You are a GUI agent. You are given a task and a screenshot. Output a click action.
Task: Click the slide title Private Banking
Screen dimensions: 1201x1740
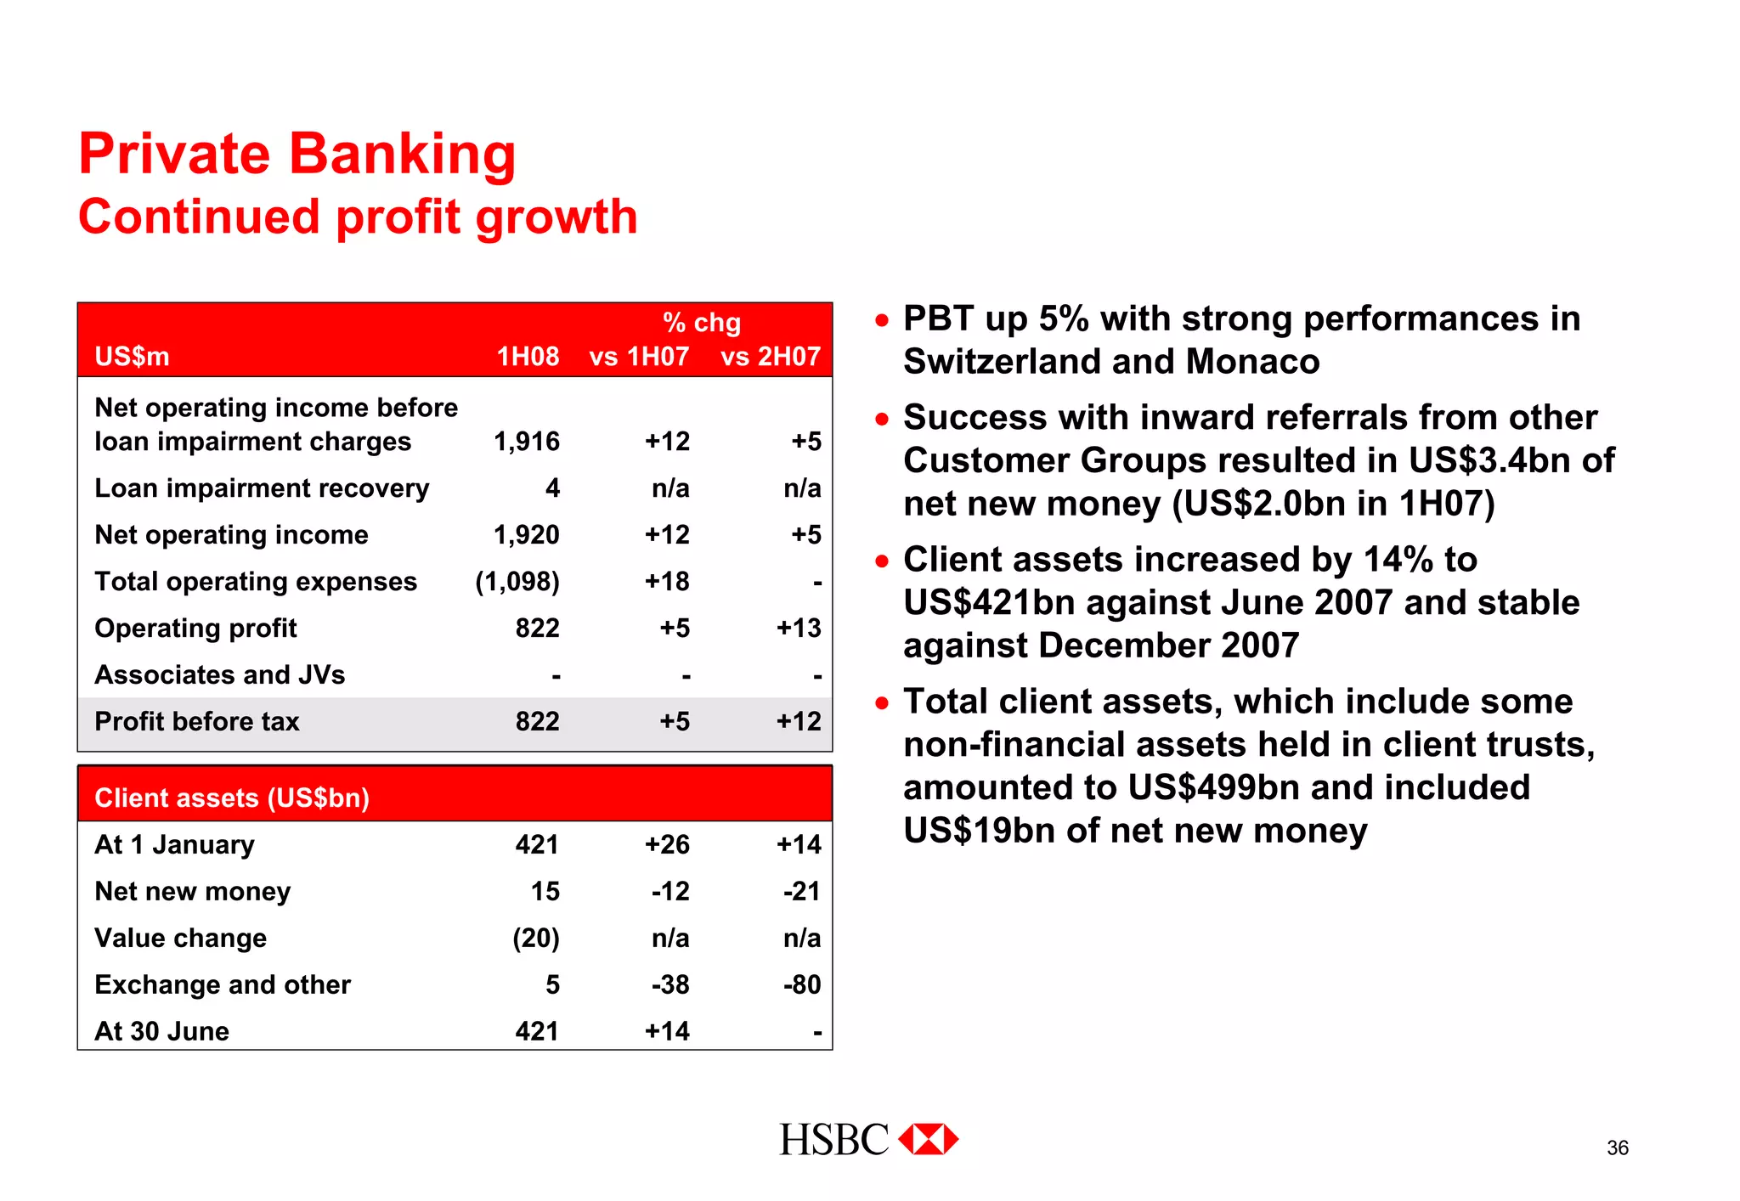[297, 155]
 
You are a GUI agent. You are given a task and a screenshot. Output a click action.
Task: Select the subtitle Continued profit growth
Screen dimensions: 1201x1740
[358, 217]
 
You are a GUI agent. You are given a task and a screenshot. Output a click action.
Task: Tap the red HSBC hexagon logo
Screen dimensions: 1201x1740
[928, 1139]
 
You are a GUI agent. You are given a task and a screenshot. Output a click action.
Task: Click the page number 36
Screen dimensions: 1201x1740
[1617, 1148]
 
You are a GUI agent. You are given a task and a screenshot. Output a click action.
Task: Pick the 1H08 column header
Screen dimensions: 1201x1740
[528, 357]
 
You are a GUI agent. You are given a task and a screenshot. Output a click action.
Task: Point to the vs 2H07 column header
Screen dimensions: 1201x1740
[771, 357]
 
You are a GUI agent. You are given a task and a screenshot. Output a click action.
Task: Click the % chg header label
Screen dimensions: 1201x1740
[702, 323]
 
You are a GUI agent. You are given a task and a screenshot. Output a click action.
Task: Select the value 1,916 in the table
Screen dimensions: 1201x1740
[527, 442]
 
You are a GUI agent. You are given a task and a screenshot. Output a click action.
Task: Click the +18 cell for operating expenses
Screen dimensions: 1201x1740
[667, 582]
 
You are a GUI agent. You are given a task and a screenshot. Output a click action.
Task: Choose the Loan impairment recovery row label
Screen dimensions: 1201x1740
[262, 488]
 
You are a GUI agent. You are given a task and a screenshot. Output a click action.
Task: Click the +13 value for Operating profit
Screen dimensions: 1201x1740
[799, 629]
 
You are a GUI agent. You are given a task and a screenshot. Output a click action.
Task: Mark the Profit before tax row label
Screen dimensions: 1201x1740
[197, 722]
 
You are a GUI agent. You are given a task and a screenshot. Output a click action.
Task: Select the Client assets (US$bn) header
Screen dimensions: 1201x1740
[232, 798]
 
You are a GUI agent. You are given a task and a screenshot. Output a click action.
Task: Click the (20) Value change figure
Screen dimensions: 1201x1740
[536, 939]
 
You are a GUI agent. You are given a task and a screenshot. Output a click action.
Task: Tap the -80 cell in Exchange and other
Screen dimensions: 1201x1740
[802, 985]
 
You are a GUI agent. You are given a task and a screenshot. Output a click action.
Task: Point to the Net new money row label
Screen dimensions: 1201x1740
[193, 892]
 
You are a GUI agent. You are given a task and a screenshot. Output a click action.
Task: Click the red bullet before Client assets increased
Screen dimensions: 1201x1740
[882, 561]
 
